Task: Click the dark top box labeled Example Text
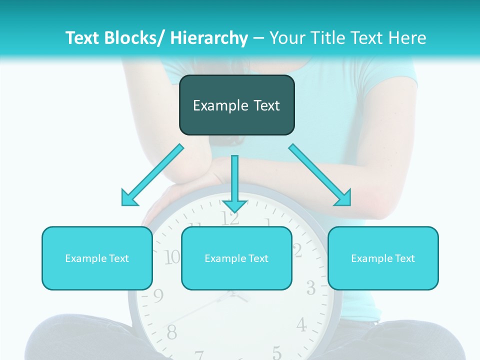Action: (236, 105)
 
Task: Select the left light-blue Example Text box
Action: (97, 258)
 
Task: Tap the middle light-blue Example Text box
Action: (236, 258)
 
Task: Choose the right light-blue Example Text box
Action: (383, 258)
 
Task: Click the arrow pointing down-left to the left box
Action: (152, 175)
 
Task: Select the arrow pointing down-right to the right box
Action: (320, 175)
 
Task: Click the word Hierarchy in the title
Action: (208, 38)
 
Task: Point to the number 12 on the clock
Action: (230, 218)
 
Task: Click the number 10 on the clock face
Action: (172, 257)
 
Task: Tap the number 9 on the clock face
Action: (158, 296)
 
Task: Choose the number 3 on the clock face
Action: (311, 288)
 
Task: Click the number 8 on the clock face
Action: (171, 331)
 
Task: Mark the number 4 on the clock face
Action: (301, 325)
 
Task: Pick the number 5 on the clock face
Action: (276, 351)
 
